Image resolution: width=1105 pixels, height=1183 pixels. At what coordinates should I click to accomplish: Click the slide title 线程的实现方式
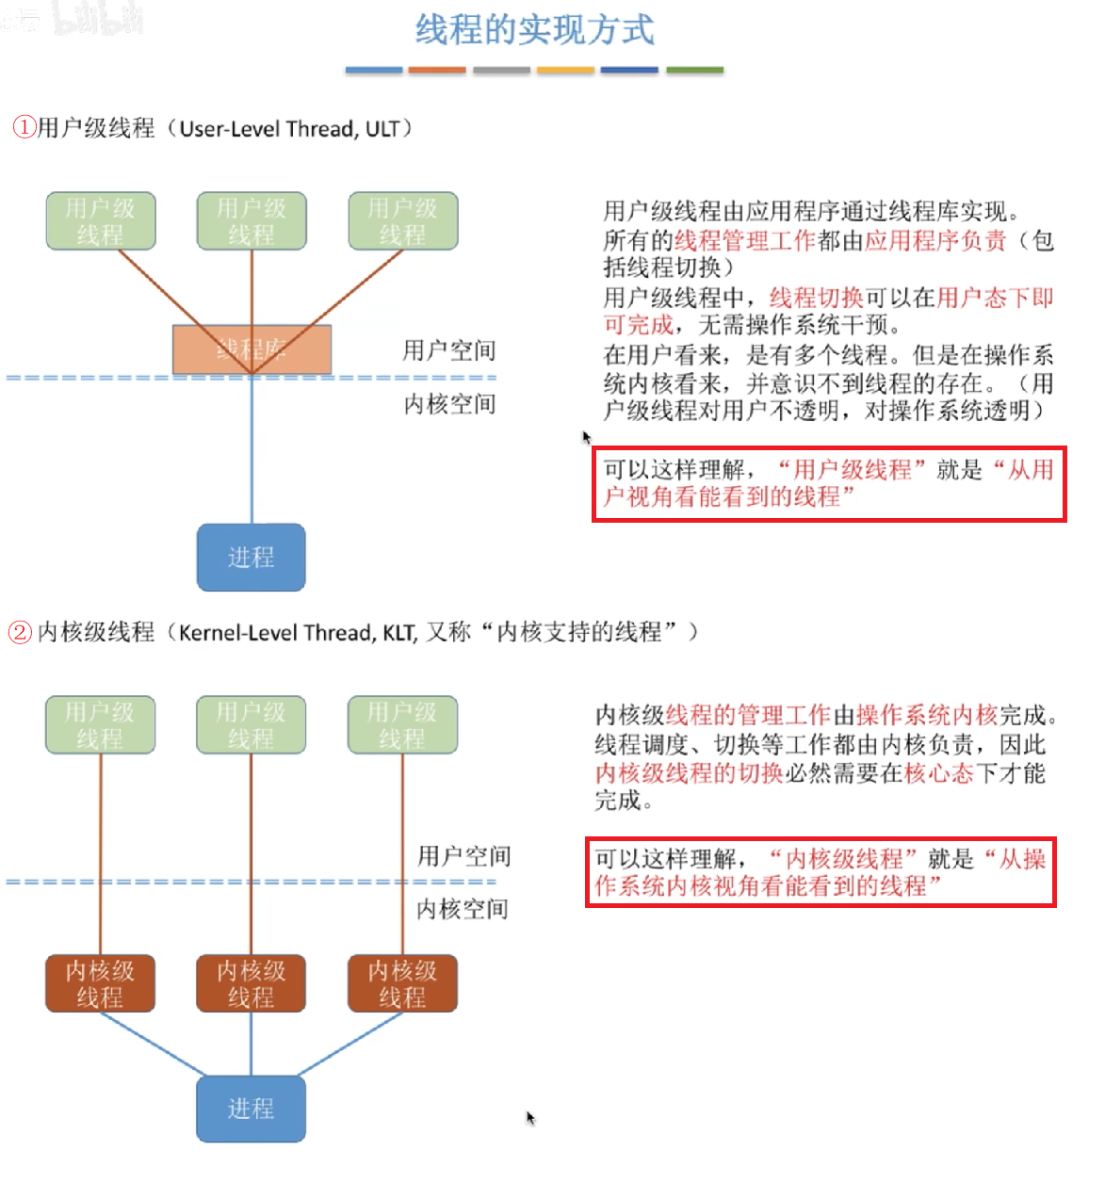[x=534, y=30]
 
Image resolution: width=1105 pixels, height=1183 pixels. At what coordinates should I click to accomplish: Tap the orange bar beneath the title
[x=437, y=70]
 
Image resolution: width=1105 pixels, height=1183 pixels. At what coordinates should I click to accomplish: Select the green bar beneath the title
[x=694, y=70]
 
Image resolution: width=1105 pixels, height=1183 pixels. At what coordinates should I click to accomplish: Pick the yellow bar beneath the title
[x=565, y=70]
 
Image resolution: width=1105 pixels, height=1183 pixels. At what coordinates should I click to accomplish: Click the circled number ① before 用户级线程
[x=24, y=127]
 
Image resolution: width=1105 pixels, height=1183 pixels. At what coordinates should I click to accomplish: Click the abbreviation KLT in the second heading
[x=399, y=632]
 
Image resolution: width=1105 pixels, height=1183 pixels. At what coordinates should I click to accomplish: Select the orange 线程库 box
[x=252, y=349]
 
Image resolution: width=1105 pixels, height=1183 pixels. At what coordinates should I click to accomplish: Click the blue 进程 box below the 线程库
[x=251, y=558]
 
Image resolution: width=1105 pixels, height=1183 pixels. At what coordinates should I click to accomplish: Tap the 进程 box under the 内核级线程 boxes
[x=251, y=1109]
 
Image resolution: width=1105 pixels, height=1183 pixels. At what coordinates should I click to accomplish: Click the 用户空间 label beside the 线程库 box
[x=448, y=350]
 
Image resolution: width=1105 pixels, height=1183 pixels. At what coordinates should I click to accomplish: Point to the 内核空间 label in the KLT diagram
[x=462, y=909]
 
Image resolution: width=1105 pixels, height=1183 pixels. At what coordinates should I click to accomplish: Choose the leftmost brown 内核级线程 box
[x=100, y=983]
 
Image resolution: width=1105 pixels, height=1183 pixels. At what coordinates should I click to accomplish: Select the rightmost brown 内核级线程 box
[x=402, y=983]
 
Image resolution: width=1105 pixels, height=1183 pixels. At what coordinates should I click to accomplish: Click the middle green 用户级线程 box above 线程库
[x=252, y=221]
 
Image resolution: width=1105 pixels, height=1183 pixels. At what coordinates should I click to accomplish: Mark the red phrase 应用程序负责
[x=935, y=240]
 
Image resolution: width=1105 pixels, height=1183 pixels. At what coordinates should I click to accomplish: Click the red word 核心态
[x=938, y=773]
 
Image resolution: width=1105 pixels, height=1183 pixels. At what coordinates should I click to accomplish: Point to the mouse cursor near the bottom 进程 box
[x=530, y=1117]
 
